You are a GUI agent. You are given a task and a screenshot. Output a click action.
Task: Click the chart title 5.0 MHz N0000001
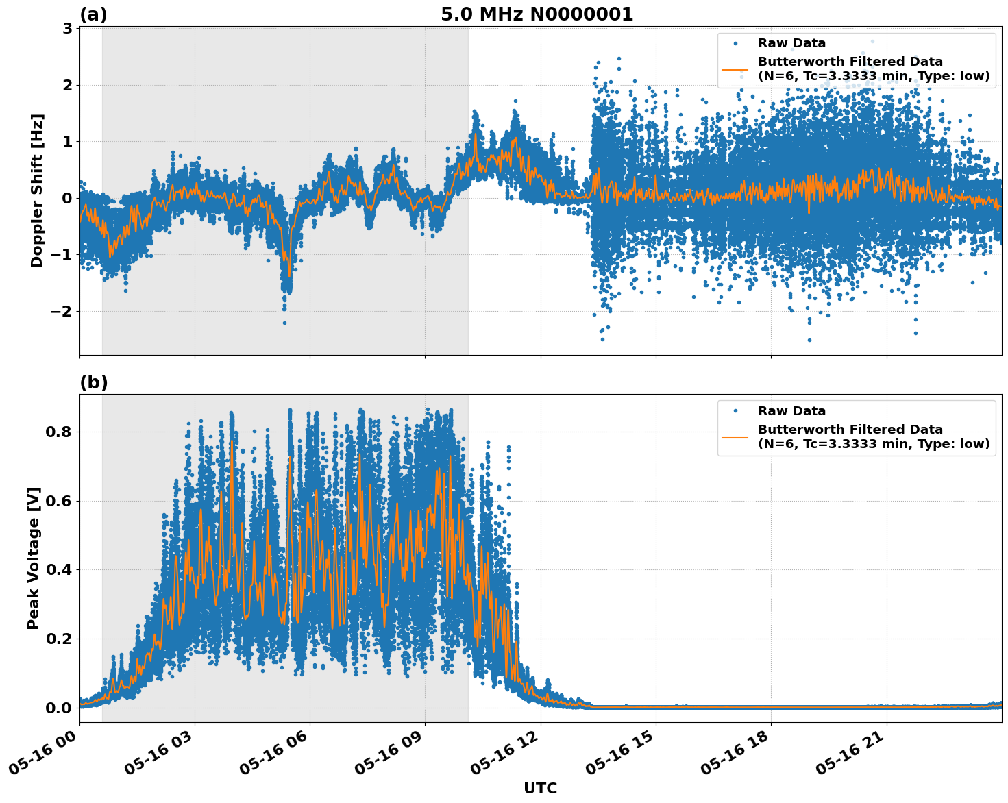537,14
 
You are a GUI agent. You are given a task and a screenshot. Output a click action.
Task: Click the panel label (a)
93,14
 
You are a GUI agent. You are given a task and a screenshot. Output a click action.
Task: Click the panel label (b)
93,382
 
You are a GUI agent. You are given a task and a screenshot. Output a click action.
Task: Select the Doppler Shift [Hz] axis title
37,190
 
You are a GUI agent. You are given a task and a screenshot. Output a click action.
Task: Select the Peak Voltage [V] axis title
34,558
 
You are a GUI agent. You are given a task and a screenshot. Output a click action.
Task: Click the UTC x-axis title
540,788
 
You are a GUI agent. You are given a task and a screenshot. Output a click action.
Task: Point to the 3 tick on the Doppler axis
67,29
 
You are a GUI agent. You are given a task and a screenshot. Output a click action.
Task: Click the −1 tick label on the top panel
62,255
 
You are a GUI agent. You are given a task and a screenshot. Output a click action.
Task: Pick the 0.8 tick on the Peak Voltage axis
60,432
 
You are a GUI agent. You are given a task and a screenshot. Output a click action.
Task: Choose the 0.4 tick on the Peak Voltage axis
60,570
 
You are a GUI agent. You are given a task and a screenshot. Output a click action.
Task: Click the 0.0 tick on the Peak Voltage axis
60,708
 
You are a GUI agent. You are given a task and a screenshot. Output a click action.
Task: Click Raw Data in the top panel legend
791,44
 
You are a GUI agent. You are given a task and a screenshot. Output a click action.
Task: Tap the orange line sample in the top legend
735,69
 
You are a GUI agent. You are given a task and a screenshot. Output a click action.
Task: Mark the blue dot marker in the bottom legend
735,411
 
